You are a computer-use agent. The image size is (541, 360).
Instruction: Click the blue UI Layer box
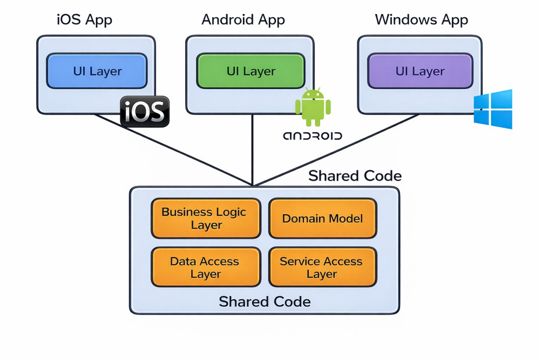click(97, 71)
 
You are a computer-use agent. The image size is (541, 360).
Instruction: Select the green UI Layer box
click(251, 71)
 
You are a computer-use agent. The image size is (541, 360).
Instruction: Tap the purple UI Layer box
click(420, 71)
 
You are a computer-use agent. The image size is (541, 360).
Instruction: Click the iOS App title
click(85, 20)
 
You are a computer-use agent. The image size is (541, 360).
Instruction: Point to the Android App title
click(243, 20)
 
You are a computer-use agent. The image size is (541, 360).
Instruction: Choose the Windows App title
click(421, 20)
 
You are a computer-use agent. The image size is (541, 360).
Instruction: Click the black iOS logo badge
click(145, 111)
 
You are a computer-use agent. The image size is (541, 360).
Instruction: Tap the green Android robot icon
click(313, 108)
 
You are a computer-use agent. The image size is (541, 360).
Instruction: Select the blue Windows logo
click(493, 109)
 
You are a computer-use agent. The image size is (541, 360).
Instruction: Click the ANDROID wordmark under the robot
click(313, 136)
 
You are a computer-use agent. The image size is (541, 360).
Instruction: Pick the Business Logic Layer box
click(206, 218)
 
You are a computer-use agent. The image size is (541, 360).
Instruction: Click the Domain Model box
click(323, 218)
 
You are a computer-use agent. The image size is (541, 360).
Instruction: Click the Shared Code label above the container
click(355, 176)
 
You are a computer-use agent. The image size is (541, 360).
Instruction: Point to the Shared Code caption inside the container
click(265, 302)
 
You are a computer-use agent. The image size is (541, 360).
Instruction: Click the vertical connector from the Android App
click(252, 151)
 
